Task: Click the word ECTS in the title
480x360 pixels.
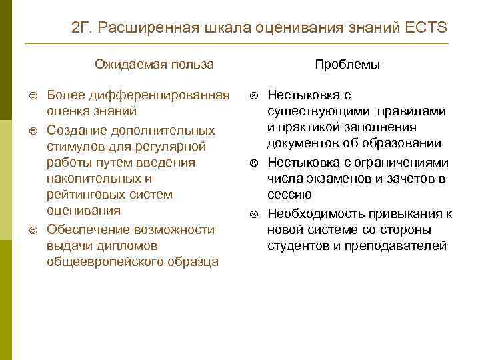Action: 426,29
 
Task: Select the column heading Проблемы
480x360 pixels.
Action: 347,65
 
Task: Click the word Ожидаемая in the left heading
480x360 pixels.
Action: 121,65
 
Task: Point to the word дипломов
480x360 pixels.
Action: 121,245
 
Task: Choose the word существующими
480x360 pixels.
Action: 317,111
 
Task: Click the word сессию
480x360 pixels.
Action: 289,194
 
